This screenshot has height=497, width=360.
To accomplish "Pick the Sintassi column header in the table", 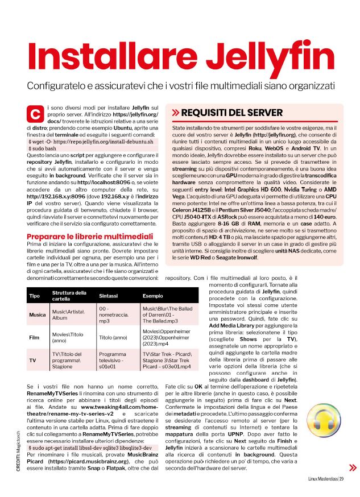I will click(109, 296).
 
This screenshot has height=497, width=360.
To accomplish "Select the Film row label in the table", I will click(34, 337).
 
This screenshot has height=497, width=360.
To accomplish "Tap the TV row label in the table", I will click(32, 361).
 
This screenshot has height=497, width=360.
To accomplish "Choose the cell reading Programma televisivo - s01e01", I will click(113, 361).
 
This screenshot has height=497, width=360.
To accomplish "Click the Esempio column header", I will click(152, 296).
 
